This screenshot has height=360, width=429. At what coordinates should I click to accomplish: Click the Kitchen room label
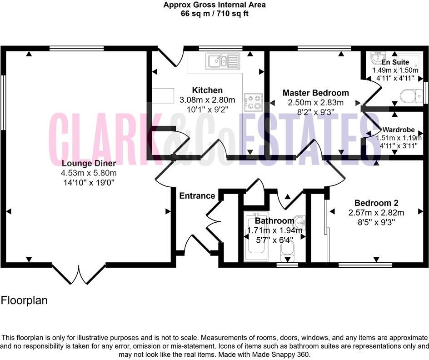pyautogui.click(x=207, y=90)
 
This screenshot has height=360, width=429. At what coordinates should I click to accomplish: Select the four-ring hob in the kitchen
pyautogui.click(x=253, y=102)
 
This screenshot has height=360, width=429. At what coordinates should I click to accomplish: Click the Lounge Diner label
pyautogui.click(x=89, y=163)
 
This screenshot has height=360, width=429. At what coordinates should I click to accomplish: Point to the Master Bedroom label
pyautogui.click(x=316, y=93)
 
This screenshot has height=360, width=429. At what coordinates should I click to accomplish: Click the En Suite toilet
pyautogui.click(x=411, y=96)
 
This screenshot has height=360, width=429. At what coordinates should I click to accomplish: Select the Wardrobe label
pyautogui.click(x=398, y=129)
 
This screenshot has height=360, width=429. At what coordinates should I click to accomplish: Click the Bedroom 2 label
pyautogui.click(x=376, y=203)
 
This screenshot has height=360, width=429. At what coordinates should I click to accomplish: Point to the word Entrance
pyautogui.click(x=197, y=196)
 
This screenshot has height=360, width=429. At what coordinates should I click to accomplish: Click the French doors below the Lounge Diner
pyautogui.click(x=79, y=274)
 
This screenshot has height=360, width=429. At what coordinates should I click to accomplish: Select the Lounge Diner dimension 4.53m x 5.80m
pyautogui.click(x=89, y=173)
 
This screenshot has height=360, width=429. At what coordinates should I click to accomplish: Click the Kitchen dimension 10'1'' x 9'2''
pyautogui.click(x=207, y=109)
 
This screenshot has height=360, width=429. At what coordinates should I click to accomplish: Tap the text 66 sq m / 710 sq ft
pyautogui.click(x=214, y=14)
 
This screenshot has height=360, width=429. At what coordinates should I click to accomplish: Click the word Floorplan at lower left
pyautogui.click(x=24, y=300)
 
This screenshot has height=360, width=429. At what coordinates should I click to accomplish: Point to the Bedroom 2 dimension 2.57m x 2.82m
pyautogui.click(x=376, y=212)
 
